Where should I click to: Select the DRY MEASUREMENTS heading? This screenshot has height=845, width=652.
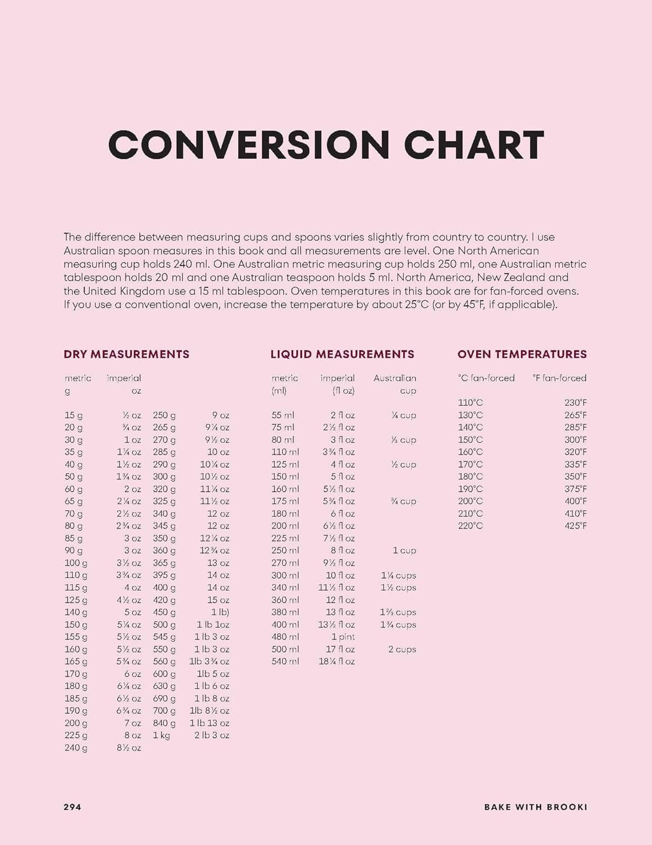(127, 354)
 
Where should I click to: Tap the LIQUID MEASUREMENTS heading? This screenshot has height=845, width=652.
(342, 354)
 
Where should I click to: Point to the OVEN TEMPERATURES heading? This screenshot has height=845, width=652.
(522, 354)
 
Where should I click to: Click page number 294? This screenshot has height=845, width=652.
(72, 807)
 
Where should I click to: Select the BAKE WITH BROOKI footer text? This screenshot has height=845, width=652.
(535, 807)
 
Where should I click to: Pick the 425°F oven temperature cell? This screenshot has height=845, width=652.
(575, 526)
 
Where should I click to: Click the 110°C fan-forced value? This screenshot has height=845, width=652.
(470, 403)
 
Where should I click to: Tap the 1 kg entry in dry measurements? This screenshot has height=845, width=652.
(161, 735)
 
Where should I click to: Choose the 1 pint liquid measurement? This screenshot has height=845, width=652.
(343, 637)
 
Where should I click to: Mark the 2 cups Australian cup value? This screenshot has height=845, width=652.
(402, 649)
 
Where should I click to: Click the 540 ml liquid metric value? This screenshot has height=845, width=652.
(285, 661)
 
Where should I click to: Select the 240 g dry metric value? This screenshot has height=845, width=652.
(76, 748)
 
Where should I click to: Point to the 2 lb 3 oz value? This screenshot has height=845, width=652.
(212, 735)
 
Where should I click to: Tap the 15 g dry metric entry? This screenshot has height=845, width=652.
(74, 415)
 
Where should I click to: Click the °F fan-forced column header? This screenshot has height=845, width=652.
(559, 378)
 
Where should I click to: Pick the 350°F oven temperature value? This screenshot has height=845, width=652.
(575, 477)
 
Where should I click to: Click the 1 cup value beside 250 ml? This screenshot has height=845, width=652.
(404, 550)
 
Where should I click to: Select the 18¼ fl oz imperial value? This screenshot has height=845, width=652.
(337, 661)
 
